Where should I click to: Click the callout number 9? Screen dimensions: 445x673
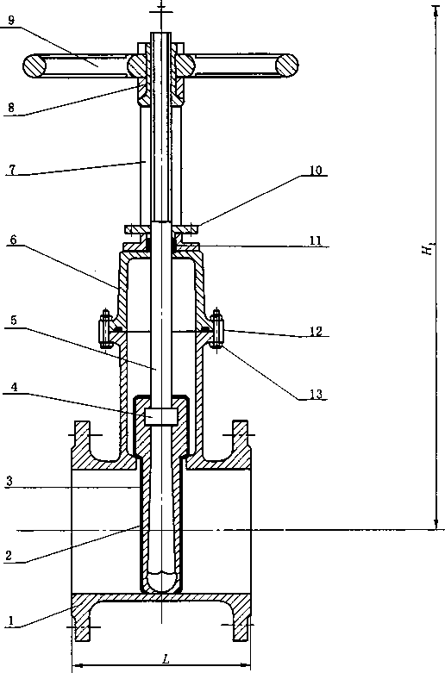[x=11, y=20]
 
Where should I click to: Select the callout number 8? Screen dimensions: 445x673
[x=11, y=108]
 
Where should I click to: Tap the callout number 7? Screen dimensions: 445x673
[x=12, y=169]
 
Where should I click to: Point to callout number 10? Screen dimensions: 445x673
[x=316, y=170]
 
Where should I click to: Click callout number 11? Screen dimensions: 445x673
[x=316, y=240]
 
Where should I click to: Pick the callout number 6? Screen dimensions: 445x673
[x=14, y=240]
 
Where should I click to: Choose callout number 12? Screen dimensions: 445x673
[x=316, y=331]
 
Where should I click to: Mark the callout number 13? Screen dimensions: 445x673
[x=316, y=394]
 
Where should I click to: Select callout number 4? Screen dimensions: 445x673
[x=14, y=387]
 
